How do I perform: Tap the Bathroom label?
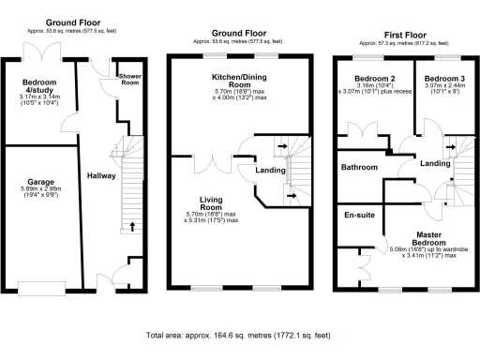coord(359,167)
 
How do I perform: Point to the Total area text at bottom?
coord(239,335)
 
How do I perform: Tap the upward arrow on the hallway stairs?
coord(131,225)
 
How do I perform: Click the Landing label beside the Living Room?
coord(270,170)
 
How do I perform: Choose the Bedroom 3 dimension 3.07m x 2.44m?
coord(440,90)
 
